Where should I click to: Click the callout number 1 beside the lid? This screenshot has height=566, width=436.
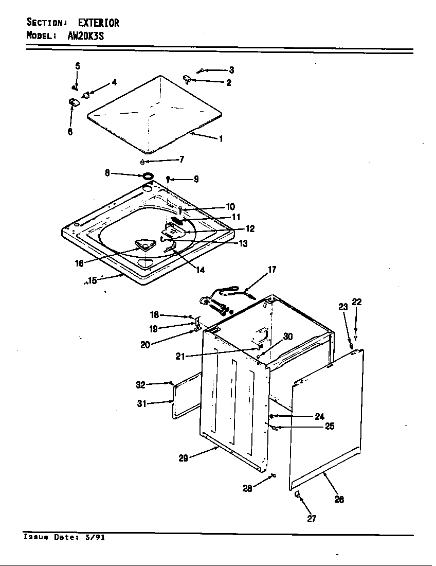click(221, 139)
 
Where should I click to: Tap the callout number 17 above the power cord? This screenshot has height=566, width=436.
click(272, 270)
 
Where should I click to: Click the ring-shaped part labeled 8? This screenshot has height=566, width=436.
click(148, 176)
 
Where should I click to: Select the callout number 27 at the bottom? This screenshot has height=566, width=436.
click(312, 519)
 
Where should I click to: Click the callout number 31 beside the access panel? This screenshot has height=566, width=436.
click(142, 403)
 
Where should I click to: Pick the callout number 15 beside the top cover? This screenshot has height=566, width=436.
click(92, 281)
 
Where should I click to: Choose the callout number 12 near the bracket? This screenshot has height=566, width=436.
click(250, 229)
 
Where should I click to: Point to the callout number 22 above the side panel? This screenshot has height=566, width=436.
click(356, 302)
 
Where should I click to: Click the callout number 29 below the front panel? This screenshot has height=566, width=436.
click(183, 458)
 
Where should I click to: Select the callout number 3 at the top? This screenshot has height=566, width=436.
click(231, 70)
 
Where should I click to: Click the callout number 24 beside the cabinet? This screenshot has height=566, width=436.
click(320, 416)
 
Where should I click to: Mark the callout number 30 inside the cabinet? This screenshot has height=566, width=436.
click(288, 337)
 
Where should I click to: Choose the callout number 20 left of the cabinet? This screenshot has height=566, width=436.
click(145, 345)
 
